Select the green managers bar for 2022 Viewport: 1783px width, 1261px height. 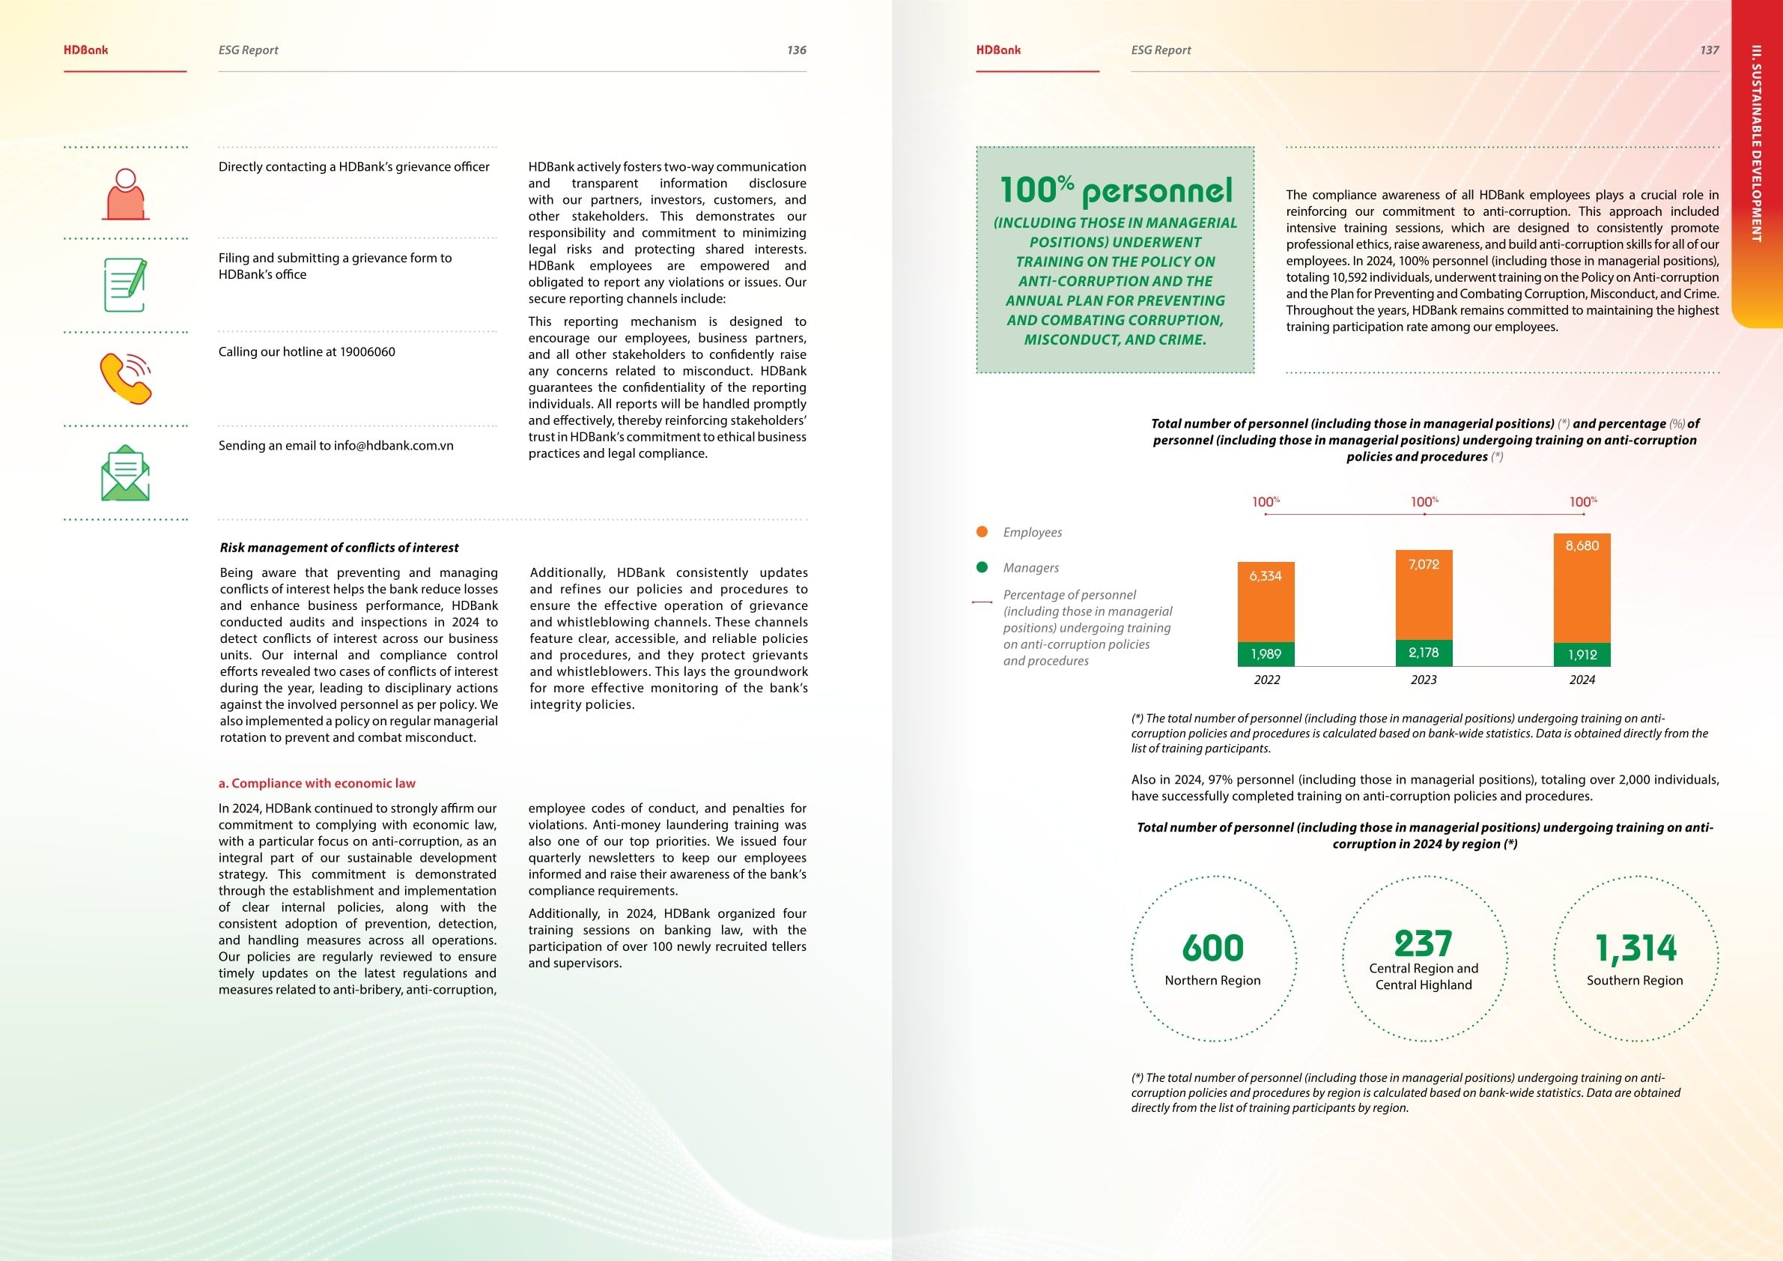tap(1266, 653)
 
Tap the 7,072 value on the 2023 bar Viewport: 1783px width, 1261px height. tap(1424, 564)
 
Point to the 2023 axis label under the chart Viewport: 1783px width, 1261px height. tap(1424, 680)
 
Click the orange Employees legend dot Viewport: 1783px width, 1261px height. tap(982, 532)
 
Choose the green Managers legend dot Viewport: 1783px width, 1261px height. tap(982, 567)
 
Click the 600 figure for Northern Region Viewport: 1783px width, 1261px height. tap(1213, 948)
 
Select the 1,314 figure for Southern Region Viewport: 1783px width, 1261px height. tap(1635, 948)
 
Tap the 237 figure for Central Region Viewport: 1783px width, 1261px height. tap(1424, 943)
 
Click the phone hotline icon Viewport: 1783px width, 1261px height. tap(125, 378)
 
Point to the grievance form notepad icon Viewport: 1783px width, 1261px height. tap(125, 285)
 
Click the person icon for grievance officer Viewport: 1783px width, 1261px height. tap(125, 194)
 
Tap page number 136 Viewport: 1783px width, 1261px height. tap(796, 49)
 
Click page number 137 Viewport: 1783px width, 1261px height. tap(1709, 49)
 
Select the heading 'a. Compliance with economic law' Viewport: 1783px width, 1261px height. tap(317, 783)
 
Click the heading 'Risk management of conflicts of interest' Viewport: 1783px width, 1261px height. tap(339, 548)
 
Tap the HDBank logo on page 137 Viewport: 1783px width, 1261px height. tap(999, 49)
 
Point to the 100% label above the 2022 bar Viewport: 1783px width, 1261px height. tap(1265, 502)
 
